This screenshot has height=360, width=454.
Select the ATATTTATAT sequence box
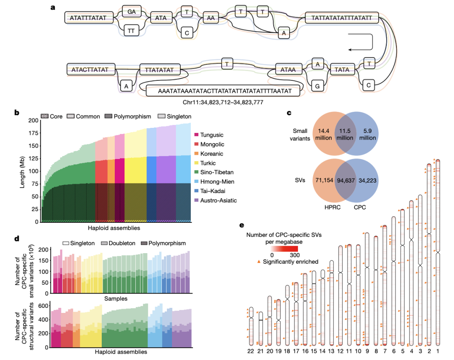tap(88, 18)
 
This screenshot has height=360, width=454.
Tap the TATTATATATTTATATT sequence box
tap(341, 18)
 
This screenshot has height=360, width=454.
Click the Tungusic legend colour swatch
tap(196, 135)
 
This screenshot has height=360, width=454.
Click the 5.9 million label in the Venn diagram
tap(370, 134)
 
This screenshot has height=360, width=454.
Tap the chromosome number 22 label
tap(251, 350)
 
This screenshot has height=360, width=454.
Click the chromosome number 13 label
tap(332, 350)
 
